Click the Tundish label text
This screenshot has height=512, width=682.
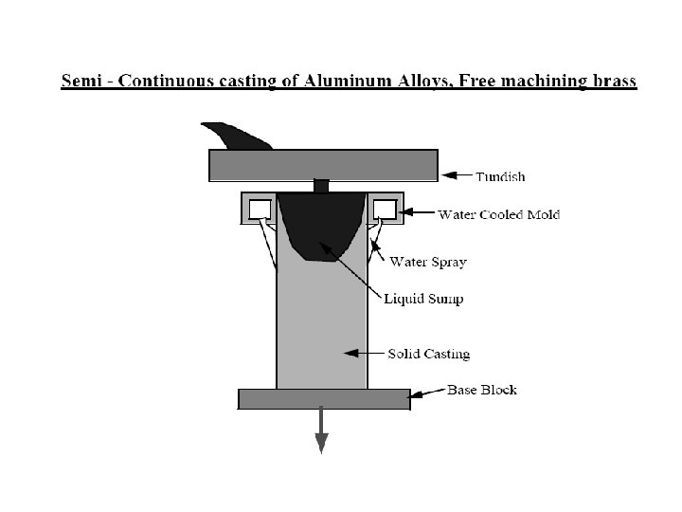click(x=500, y=176)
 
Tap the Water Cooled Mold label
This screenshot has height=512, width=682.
click(x=498, y=214)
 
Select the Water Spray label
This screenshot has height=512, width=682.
click(x=428, y=262)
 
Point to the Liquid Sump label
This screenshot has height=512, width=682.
click(x=423, y=299)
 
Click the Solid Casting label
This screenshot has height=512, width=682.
click(x=428, y=355)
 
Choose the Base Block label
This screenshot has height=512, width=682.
click(x=482, y=390)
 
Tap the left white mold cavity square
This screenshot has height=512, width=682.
click(x=260, y=208)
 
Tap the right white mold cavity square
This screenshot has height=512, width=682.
click(x=384, y=208)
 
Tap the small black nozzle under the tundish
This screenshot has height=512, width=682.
click(x=322, y=186)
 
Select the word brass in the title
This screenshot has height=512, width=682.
click(x=612, y=82)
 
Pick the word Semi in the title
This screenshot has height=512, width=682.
click(x=82, y=82)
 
